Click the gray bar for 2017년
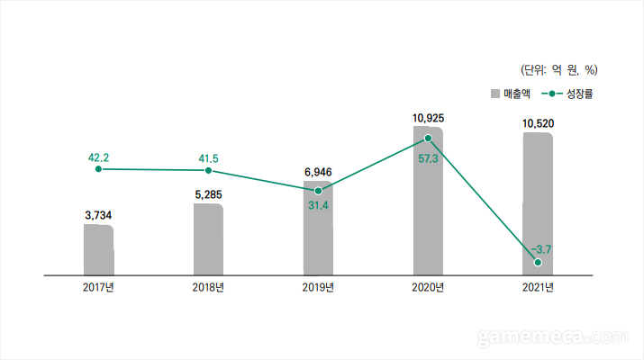98,249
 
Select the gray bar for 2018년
208,238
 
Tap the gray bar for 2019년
318,228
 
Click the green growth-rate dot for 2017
98,169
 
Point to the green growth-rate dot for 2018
208,170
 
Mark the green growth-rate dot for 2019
318,191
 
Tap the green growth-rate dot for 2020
428,139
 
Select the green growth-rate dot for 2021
538,262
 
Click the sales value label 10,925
428,118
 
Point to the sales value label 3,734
98,215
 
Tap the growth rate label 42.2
98,157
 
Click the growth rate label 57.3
428,158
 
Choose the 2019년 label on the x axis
318,287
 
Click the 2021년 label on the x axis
538,287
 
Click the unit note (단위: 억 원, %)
559,69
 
